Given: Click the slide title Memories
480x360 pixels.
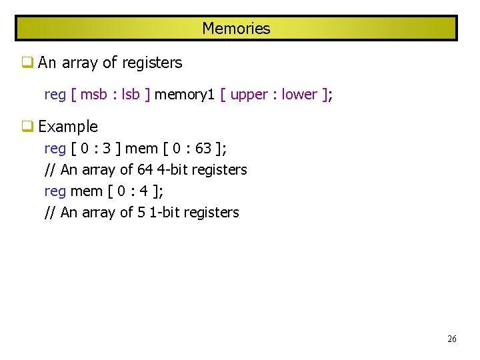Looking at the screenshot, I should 236,29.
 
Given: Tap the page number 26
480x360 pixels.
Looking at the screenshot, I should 452,339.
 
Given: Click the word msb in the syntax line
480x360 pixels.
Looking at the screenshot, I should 94,95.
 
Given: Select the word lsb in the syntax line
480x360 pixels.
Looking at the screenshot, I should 131,95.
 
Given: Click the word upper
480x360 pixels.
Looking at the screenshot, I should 249,95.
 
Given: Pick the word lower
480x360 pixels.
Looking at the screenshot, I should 299,95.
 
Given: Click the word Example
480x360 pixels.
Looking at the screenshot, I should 68,127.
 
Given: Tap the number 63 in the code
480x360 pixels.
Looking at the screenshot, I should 203,148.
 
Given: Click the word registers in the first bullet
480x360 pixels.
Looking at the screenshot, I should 152,63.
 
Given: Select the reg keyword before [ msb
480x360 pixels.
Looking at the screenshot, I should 55,95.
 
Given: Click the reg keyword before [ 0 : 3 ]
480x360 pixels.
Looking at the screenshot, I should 55,148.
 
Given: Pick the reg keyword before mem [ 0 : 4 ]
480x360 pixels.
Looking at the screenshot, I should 55,191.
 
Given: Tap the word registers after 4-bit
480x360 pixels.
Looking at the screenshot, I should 219,170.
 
